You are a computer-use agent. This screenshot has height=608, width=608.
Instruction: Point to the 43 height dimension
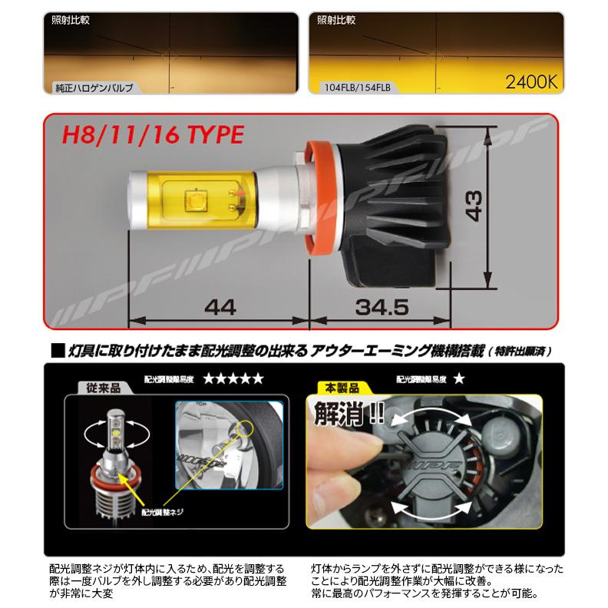click(477, 203)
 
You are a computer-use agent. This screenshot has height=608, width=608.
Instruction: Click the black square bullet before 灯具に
click(55, 350)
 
